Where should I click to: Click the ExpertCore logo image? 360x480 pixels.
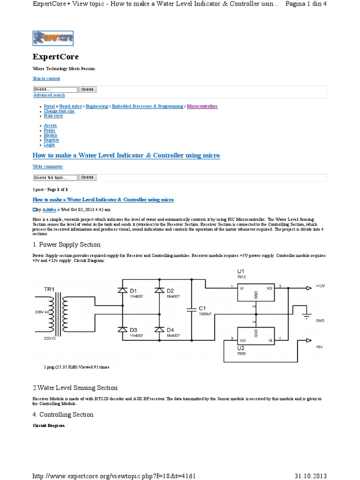point(53,38)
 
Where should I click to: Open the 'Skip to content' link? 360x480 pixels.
point(46,78)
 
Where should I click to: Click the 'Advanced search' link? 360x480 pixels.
point(49,95)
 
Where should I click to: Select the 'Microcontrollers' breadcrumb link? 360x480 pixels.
point(202,106)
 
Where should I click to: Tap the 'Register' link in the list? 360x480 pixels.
point(52,140)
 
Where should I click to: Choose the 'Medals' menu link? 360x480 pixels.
point(51,135)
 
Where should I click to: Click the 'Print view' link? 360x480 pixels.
point(53,116)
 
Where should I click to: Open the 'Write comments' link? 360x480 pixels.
point(47,166)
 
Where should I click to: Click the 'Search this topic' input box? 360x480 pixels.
point(55,178)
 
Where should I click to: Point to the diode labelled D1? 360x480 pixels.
point(122,291)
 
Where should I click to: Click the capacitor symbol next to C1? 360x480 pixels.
point(191,310)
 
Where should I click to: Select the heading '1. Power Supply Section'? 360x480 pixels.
point(67,244)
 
